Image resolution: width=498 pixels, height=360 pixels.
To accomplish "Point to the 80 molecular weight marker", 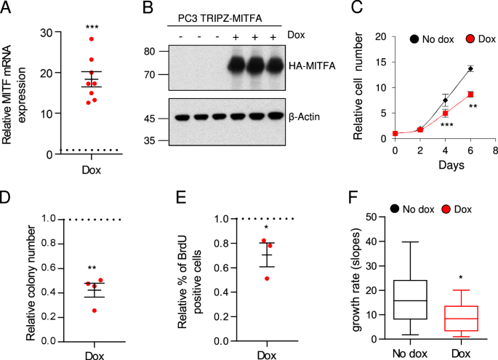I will [150, 52].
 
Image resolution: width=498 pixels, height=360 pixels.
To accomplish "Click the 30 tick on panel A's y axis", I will [47, 33].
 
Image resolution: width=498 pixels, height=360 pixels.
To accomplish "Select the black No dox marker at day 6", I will [470, 69].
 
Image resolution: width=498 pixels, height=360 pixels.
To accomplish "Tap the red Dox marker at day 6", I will [470, 94].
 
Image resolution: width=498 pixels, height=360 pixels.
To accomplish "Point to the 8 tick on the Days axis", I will [494, 151].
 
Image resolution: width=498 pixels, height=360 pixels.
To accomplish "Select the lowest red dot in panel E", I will [268, 278].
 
